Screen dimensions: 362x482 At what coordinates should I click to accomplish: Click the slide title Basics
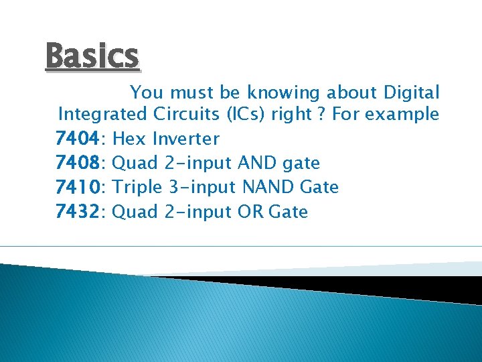(x=92, y=56)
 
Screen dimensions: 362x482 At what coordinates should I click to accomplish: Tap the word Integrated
(x=102, y=115)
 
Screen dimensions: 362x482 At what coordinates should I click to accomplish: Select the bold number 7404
(x=78, y=139)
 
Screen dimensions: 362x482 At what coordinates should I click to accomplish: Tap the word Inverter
(x=185, y=139)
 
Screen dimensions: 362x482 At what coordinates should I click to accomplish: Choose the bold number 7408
(x=78, y=163)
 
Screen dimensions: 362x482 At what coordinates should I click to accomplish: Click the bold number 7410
(x=78, y=187)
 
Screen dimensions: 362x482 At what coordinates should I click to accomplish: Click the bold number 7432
(x=78, y=212)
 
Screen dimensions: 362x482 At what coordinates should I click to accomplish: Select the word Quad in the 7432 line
(x=135, y=212)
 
